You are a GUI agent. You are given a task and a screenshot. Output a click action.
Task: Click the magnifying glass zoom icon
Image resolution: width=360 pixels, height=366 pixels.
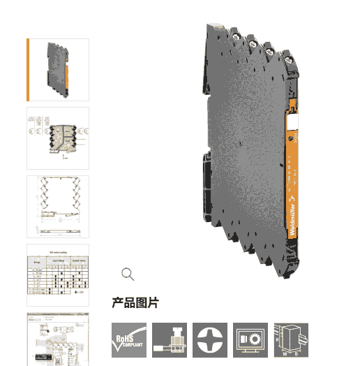pyautogui.click(x=128, y=274)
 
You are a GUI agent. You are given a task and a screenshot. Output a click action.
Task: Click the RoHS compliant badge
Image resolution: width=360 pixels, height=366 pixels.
pyautogui.click(x=129, y=339)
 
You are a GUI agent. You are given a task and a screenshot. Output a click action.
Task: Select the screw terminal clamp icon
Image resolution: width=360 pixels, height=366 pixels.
pyautogui.click(x=170, y=339)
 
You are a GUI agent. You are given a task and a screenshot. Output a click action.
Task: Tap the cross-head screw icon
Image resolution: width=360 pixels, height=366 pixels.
pyautogui.click(x=210, y=339)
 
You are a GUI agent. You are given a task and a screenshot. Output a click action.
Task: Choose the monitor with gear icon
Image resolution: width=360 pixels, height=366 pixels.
pyautogui.click(x=250, y=339)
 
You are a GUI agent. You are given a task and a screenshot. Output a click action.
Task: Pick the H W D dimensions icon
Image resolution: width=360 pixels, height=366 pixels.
pyautogui.click(x=291, y=339)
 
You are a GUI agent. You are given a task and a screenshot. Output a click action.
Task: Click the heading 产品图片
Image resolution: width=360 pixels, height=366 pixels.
pyautogui.click(x=135, y=302)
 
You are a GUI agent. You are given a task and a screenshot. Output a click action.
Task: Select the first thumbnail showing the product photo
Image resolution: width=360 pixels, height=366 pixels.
pyautogui.click(x=59, y=70)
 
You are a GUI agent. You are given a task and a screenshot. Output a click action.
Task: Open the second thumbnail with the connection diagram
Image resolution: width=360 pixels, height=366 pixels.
pyautogui.click(x=58, y=138)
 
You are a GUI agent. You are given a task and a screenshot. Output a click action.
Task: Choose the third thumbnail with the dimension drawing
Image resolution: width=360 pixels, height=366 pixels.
pyautogui.click(x=58, y=207)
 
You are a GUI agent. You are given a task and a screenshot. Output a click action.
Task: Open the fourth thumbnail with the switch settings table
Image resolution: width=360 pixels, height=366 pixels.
pyautogui.click(x=58, y=274)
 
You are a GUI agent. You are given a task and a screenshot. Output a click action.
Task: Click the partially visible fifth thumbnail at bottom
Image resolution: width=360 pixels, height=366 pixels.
pyautogui.click(x=58, y=339)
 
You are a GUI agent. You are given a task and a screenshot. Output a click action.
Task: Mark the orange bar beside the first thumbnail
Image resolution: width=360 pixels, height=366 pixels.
pyautogui.click(x=28, y=70)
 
